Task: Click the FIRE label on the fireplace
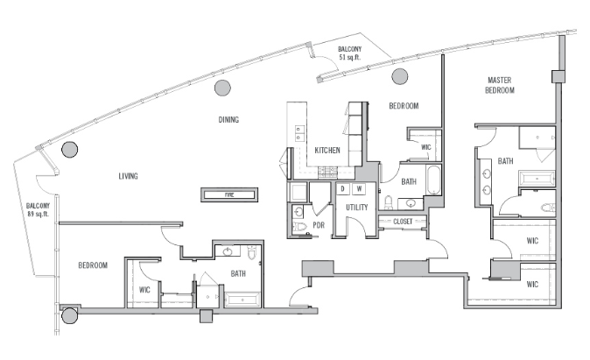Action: [x=229, y=194]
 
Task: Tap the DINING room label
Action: [x=228, y=120]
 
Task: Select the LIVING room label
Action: [x=129, y=176]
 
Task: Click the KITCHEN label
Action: [x=327, y=151]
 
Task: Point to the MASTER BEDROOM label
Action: [x=500, y=85]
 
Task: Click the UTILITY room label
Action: [x=356, y=207]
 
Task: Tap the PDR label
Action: [x=319, y=225]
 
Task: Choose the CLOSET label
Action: [x=403, y=222]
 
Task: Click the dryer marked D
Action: [x=343, y=188]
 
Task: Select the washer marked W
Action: [x=360, y=188]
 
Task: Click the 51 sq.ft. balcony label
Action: [x=349, y=53]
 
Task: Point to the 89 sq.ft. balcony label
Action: [x=38, y=209]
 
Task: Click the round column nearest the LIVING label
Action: [x=70, y=150]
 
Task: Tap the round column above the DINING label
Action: [x=222, y=88]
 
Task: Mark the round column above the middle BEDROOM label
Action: [x=399, y=76]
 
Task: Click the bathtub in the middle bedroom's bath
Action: [x=434, y=180]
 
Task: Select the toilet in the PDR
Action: [x=300, y=227]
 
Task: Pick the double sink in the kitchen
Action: [x=299, y=133]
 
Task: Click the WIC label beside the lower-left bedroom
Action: [x=144, y=290]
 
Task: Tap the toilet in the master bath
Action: [x=548, y=208]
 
